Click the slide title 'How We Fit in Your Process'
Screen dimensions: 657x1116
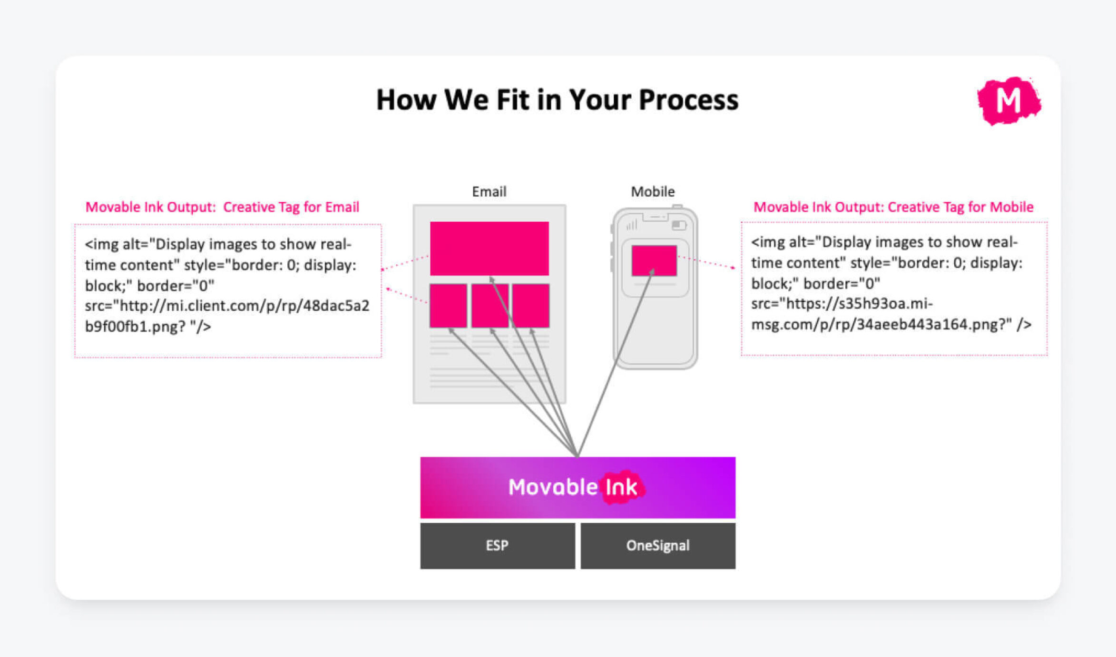pyautogui.click(x=557, y=100)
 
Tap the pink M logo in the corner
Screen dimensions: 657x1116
pyautogui.click(x=1008, y=100)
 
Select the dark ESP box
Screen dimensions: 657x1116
pyautogui.click(x=497, y=546)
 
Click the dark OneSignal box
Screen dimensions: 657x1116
pyautogui.click(x=657, y=546)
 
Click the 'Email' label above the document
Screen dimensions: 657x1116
pyautogui.click(x=489, y=191)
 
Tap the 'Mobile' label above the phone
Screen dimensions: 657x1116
pyautogui.click(x=653, y=191)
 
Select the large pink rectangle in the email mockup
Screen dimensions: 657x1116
pyautogui.click(x=489, y=248)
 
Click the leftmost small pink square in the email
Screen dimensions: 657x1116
pyautogui.click(x=448, y=306)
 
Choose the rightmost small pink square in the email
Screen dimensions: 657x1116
pyautogui.click(x=531, y=306)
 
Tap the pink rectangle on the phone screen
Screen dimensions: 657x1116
pyautogui.click(x=654, y=260)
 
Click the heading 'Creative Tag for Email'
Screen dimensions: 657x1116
pyautogui.click(x=291, y=207)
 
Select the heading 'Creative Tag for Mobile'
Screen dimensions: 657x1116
pyautogui.click(x=960, y=207)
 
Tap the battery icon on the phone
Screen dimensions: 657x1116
pyautogui.click(x=679, y=225)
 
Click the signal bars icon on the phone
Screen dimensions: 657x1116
pyautogui.click(x=632, y=225)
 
